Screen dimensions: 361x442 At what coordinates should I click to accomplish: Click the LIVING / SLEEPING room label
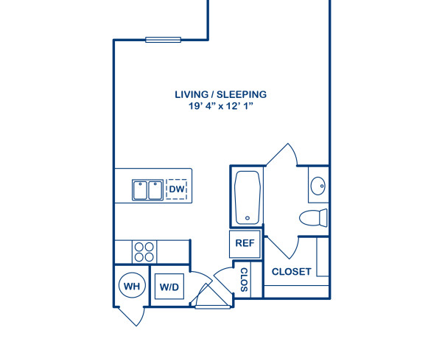click(220, 94)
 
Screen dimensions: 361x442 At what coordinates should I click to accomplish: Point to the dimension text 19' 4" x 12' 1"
click(220, 107)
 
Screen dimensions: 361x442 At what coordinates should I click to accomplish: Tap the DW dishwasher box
click(176, 190)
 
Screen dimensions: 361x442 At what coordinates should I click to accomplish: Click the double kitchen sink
click(147, 190)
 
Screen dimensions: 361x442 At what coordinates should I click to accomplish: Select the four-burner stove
click(144, 251)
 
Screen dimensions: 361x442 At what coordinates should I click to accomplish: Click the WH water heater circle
click(132, 286)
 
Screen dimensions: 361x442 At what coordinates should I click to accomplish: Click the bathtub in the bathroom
click(247, 197)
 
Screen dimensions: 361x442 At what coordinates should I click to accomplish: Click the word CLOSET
click(291, 272)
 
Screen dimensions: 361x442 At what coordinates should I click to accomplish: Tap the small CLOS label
click(244, 279)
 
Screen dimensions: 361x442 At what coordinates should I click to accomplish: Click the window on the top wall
click(163, 40)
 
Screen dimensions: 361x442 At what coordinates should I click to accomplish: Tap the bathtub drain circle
click(248, 217)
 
